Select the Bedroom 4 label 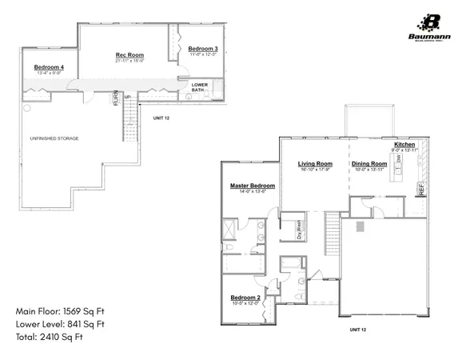click(x=50, y=66)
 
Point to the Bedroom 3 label click(x=204, y=50)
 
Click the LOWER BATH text click(x=199, y=86)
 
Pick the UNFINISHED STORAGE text click(x=54, y=138)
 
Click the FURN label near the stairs click(x=116, y=99)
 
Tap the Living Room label click(x=314, y=162)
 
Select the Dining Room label click(x=368, y=162)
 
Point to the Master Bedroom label click(x=253, y=185)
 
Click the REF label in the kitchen click(x=420, y=190)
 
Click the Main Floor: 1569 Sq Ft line click(x=62, y=310)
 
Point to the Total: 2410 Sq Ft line click(x=50, y=337)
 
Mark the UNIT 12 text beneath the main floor click(x=358, y=329)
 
